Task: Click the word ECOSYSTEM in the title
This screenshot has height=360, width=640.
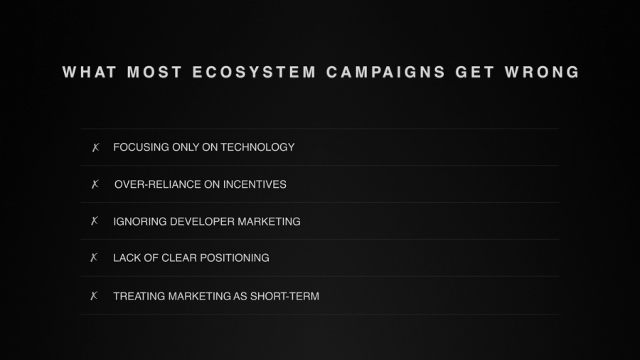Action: tap(254, 73)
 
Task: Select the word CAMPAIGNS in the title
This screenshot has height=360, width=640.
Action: tap(386, 73)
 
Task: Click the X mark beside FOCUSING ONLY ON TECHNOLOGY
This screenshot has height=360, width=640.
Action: tap(95, 148)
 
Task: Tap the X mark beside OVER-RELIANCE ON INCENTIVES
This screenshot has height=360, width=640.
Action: tap(95, 185)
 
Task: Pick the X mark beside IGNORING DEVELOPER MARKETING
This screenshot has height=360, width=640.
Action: tap(95, 221)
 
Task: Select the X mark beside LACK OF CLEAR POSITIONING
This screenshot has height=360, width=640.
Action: tap(95, 258)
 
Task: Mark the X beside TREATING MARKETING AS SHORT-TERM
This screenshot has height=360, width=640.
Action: tap(95, 296)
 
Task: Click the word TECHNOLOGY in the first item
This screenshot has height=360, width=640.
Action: tap(257, 147)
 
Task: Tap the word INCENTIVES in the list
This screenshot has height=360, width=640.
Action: tap(255, 184)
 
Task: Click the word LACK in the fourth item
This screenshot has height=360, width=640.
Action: tap(126, 258)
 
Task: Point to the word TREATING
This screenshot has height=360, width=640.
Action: tap(139, 296)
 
